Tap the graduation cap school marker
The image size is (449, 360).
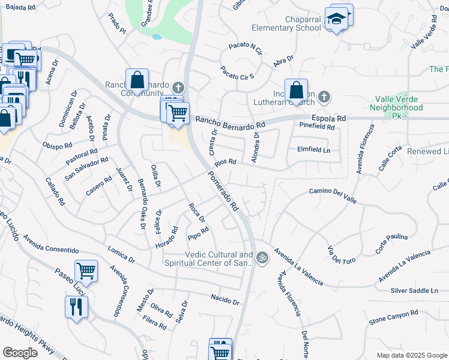[337, 20]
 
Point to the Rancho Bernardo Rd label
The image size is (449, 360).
[230, 122]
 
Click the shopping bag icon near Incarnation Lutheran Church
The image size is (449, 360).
[297, 91]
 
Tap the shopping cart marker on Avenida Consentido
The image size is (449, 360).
[86, 271]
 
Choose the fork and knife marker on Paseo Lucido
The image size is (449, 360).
[77, 307]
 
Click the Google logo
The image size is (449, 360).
[20, 353]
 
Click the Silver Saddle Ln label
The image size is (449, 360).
[414, 291]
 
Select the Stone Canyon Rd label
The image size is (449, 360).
[393, 316]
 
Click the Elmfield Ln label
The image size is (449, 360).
[314, 150]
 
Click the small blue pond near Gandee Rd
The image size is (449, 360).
[157, 36]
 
